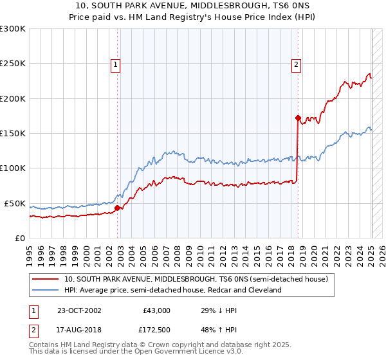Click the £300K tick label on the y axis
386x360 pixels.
(x=13, y=29)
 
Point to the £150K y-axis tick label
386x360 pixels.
(x=13, y=134)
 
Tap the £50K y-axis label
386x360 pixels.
(x=15, y=203)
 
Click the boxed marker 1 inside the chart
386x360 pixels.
(x=115, y=64)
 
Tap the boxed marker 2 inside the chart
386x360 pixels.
(x=296, y=64)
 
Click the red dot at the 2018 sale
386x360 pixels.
(x=298, y=118)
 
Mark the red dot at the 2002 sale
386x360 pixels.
(x=118, y=208)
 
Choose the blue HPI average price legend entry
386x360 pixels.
(x=173, y=290)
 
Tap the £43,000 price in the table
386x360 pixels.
(x=156, y=310)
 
